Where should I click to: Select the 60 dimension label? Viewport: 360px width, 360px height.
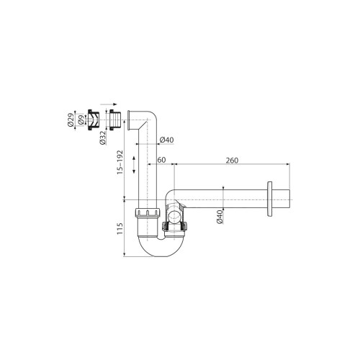(161, 161)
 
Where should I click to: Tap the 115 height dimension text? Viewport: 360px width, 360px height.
(121, 229)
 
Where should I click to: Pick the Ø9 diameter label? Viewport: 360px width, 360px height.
(81, 120)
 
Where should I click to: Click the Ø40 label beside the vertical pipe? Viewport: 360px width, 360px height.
(166, 139)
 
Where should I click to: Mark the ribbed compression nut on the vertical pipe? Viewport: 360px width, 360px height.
(148, 214)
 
